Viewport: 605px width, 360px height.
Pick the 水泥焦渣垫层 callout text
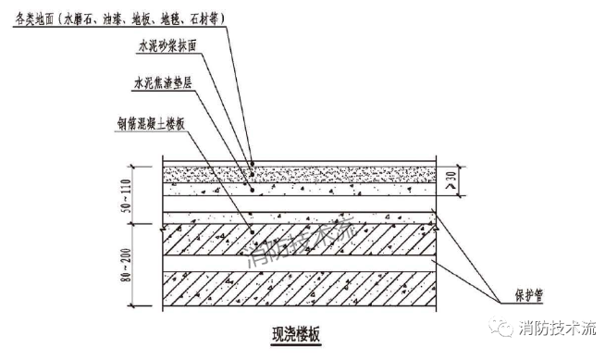(x=161, y=81)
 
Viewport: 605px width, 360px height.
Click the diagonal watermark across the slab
(x=301, y=245)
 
